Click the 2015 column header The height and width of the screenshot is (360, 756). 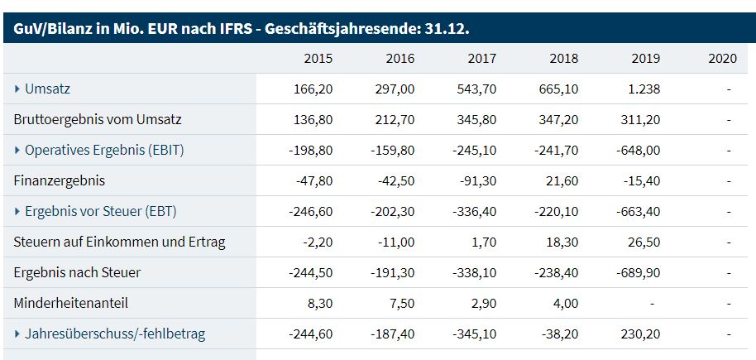318,59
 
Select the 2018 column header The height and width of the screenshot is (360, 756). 563,59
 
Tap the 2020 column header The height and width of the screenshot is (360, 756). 723,59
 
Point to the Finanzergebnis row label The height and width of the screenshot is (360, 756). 60,180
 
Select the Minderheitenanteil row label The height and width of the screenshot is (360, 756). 71,304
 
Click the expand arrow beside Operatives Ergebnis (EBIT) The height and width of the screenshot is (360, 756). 18,150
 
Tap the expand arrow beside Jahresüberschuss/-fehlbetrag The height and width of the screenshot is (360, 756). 18,334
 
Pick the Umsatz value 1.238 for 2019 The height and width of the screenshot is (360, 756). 643,89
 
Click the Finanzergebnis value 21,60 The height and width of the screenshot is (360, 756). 561,180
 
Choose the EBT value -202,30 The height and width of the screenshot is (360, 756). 393,211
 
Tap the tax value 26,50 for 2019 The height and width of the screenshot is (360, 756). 644,242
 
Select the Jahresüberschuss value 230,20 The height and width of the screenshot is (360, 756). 641,334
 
